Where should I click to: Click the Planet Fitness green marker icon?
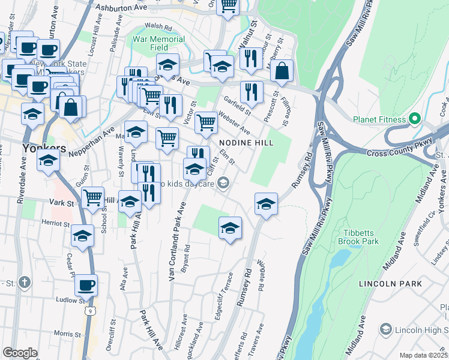click(x=414, y=119)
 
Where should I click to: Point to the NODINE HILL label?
click(x=246, y=143)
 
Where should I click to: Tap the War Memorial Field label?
click(x=158, y=43)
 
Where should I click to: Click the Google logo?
click(x=20, y=353)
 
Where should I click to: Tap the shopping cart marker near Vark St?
click(x=92, y=196)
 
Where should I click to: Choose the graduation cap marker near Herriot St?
click(x=83, y=235)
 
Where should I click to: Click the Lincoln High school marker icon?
click(x=385, y=329)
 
